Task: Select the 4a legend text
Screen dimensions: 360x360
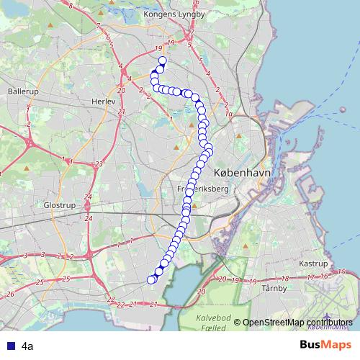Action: (x=27, y=346)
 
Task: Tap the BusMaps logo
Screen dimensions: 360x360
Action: (x=325, y=346)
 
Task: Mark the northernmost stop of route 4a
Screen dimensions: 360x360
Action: (x=162, y=60)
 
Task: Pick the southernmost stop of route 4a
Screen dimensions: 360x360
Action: (x=151, y=280)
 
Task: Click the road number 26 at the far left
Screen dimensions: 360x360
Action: (x=10, y=294)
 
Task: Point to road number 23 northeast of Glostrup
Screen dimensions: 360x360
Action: (x=97, y=164)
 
